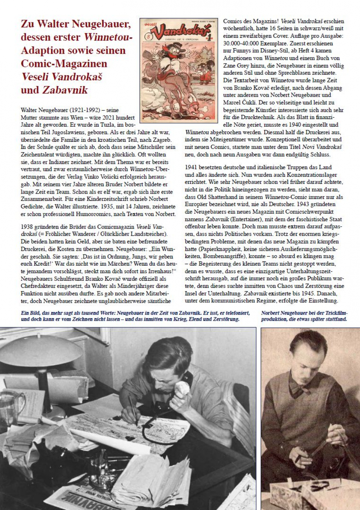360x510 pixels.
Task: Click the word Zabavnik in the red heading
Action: click(65, 90)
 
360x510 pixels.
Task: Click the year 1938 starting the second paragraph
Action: click(28, 227)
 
